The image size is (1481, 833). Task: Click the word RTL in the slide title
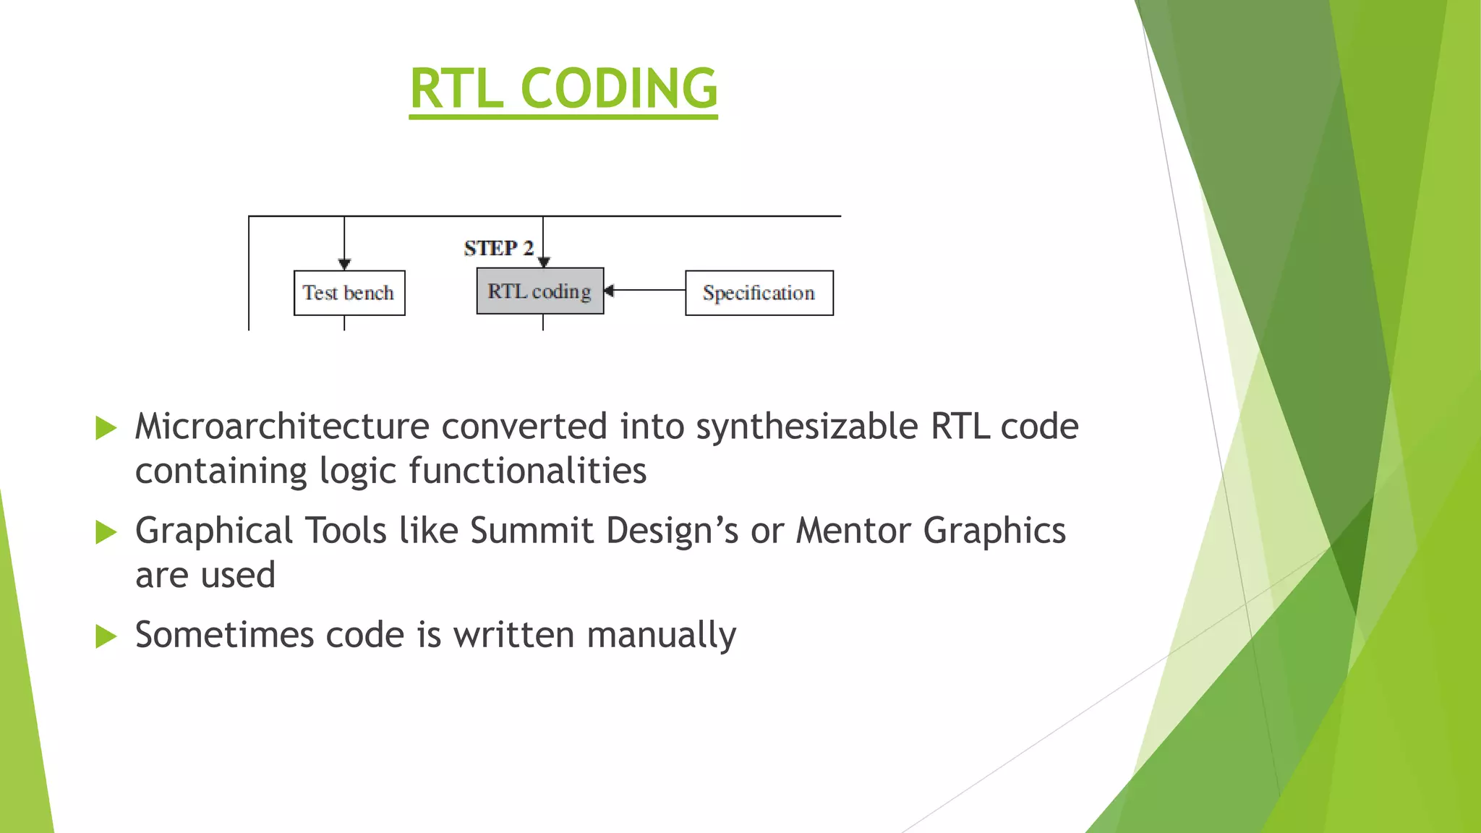click(456, 88)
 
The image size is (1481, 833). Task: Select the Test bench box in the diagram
click(349, 293)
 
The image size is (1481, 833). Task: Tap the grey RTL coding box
click(539, 291)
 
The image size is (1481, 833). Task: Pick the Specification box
click(759, 293)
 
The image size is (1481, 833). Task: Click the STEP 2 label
click(498, 248)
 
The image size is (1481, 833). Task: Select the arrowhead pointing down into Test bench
click(344, 264)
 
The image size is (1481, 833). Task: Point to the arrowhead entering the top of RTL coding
click(544, 262)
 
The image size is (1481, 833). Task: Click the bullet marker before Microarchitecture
click(106, 428)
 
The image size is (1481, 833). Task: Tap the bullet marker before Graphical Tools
click(106, 533)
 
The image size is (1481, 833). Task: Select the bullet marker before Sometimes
click(106, 637)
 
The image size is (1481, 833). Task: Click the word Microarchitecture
click(282, 426)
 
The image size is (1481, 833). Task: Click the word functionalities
click(527, 471)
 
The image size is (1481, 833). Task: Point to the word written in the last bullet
click(513, 635)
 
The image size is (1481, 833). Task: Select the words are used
click(205, 575)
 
